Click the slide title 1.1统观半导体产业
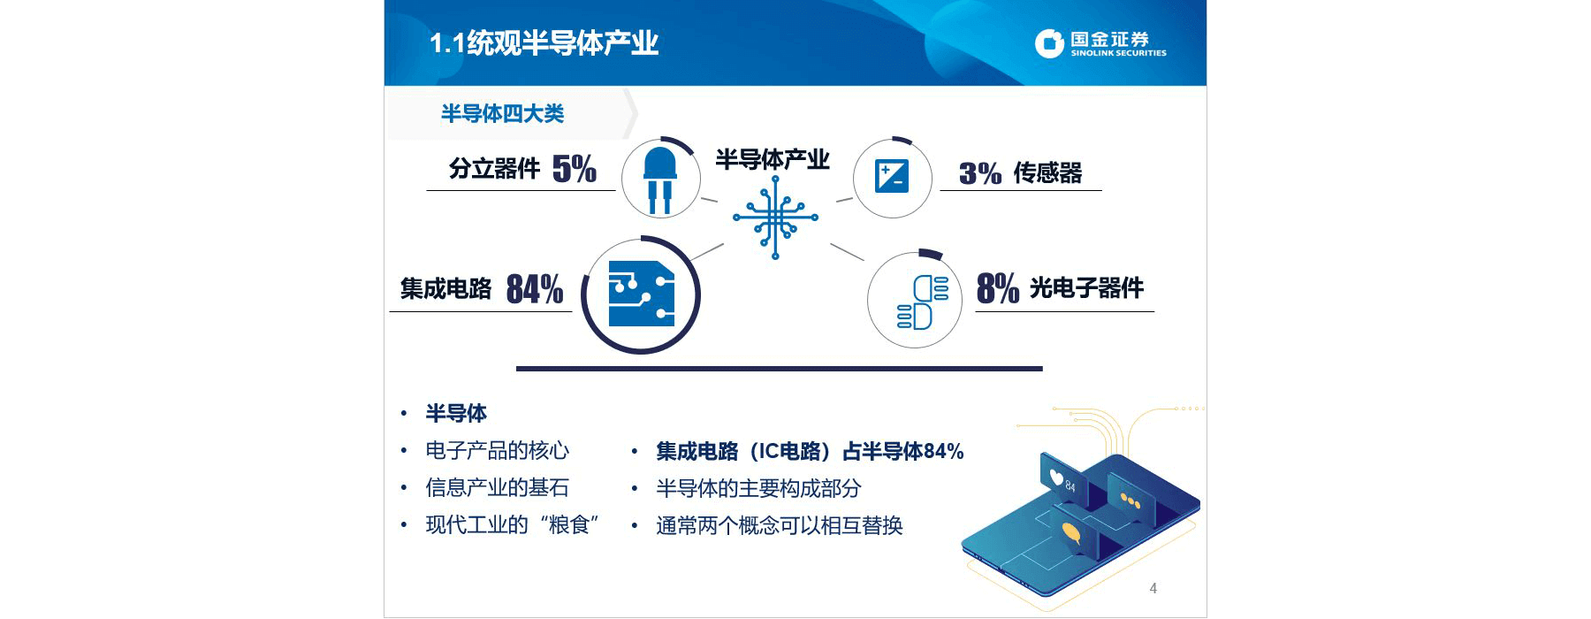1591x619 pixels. click(x=544, y=42)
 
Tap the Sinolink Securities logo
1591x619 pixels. click(x=1100, y=43)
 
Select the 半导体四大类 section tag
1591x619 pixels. click(x=502, y=113)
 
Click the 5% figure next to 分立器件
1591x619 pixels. click(x=575, y=168)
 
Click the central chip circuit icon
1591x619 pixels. click(x=775, y=217)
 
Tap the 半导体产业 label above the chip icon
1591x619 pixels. click(x=773, y=159)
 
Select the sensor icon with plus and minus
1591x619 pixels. click(x=891, y=176)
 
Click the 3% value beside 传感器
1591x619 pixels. click(x=980, y=173)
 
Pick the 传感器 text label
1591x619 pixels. click(x=1047, y=172)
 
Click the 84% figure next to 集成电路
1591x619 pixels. click(x=535, y=289)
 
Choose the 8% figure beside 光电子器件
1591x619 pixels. click(x=998, y=288)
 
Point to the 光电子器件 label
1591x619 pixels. click(x=1087, y=287)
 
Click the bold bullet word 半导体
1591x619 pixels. click(x=456, y=413)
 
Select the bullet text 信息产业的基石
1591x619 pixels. click(x=497, y=487)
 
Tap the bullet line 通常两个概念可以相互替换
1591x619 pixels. click(x=779, y=525)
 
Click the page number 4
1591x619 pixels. click(x=1153, y=588)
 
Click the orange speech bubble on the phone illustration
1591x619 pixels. click(x=1071, y=533)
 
